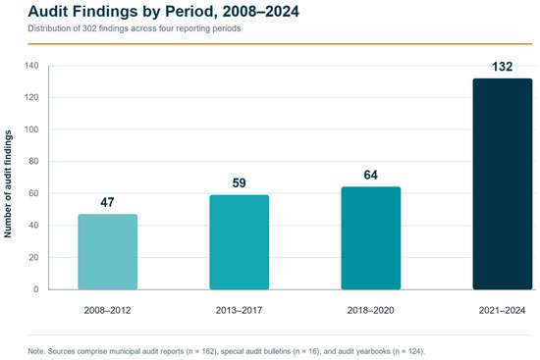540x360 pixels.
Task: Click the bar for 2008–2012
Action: pyautogui.click(x=108, y=251)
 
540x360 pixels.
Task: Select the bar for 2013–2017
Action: pyautogui.click(x=240, y=242)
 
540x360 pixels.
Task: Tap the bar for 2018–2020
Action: pyautogui.click(x=371, y=238)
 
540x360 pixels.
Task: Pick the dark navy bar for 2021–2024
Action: pyautogui.click(x=503, y=183)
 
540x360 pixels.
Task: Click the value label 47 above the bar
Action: pyautogui.click(x=107, y=202)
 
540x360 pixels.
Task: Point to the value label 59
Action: pyautogui.click(x=239, y=183)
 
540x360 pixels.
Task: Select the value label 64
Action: pyautogui.click(x=370, y=175)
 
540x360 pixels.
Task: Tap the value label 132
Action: pyautogui.click(x=502, y=67)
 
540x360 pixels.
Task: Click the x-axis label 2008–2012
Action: pyautogui.click(x=107, y=310)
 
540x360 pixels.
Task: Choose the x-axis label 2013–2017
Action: pyautogui.click(x=239, y=310)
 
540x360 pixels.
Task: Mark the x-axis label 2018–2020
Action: pyautogui.click(x=370, y=310)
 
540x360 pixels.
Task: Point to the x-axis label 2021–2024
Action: pyautogui.click(x=502, y=310)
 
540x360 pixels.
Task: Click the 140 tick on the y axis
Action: pyautogui.click(x=31, y=66)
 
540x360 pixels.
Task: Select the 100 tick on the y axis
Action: pyautogui.click(x=31, y=129)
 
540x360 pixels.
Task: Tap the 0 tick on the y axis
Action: pyautogui.click(x=36, y=289)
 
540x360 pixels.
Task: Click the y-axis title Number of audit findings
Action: pyautogui.click(x=8, y=183)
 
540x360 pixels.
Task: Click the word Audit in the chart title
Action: pyautogui.click(x=47, y=12)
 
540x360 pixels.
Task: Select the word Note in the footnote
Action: pyautogui.click(x=35, y=351)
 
